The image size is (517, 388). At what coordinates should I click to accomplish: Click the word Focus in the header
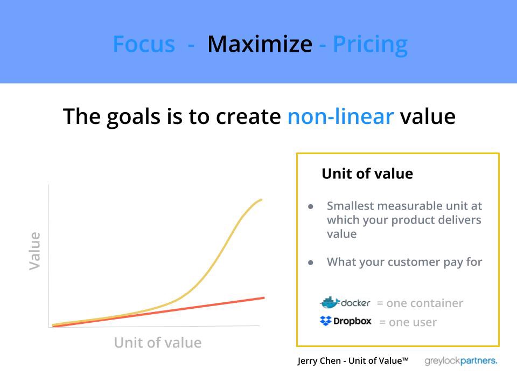(x=144, y=44)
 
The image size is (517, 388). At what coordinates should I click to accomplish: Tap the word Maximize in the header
(x=260, y=44)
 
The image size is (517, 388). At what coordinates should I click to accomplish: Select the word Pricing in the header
(x=371, y=45)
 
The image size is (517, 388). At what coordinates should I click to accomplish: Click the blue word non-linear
(x=340, y=116)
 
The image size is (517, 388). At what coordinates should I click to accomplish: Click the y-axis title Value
(x=34, y=251)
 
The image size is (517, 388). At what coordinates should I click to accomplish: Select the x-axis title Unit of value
(x=158, y=343)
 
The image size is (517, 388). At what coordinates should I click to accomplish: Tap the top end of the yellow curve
(x=261, y=199)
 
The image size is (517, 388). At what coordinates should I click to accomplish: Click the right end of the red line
(x=264, y=298)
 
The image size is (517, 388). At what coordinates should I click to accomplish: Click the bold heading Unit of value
(x=367, y=174)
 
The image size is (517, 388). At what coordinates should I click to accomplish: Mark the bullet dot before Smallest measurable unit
(x=310, y=207)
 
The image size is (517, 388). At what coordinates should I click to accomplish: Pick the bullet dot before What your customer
(x=310, y=263)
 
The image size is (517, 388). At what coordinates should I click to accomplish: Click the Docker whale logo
(x=330, y=302)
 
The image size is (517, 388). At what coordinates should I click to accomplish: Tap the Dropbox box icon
(x=325, y=321)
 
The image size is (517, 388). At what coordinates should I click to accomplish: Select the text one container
(x=425, y=303)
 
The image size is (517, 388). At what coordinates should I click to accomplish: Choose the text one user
(x=413, y=322)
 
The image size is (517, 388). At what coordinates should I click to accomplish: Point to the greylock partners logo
(x=460, y=361)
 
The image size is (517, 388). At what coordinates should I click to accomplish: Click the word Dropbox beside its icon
(x=352, y=321)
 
